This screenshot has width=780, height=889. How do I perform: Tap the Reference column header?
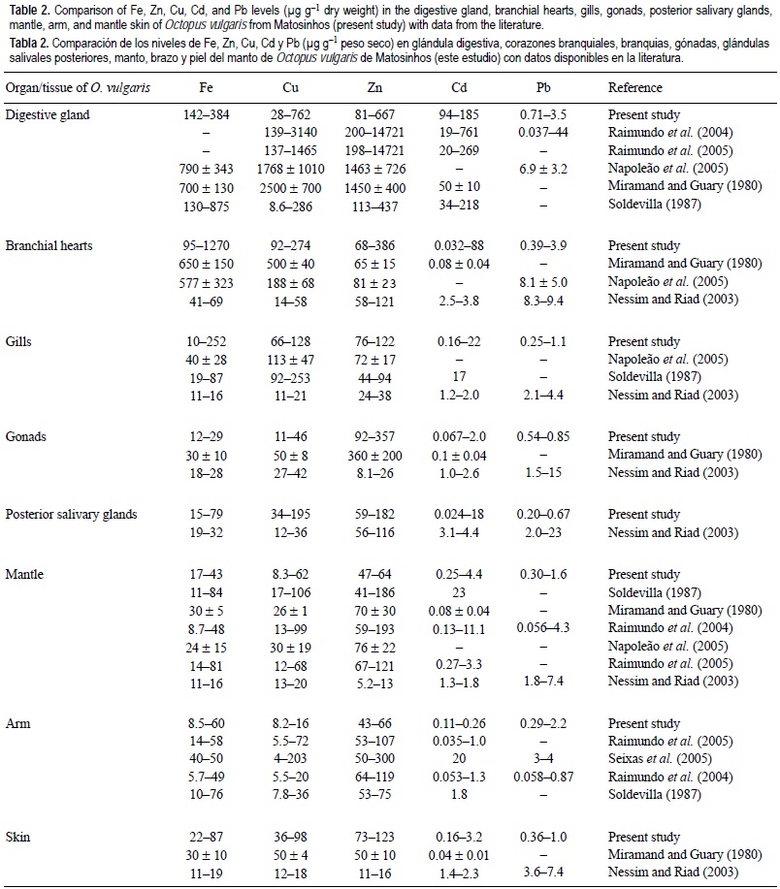635,87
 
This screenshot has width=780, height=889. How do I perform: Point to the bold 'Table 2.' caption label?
25,9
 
